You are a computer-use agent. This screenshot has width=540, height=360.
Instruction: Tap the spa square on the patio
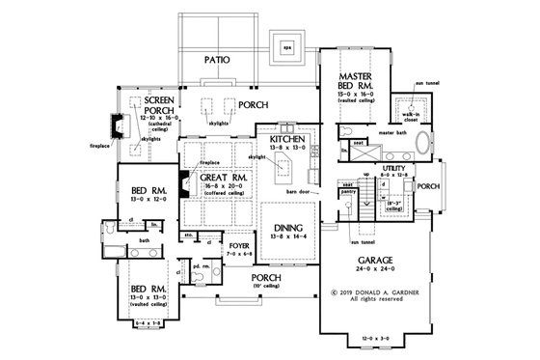click(x=286, y=45)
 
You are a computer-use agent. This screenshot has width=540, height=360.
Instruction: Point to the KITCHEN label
click(x=288, y=140)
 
